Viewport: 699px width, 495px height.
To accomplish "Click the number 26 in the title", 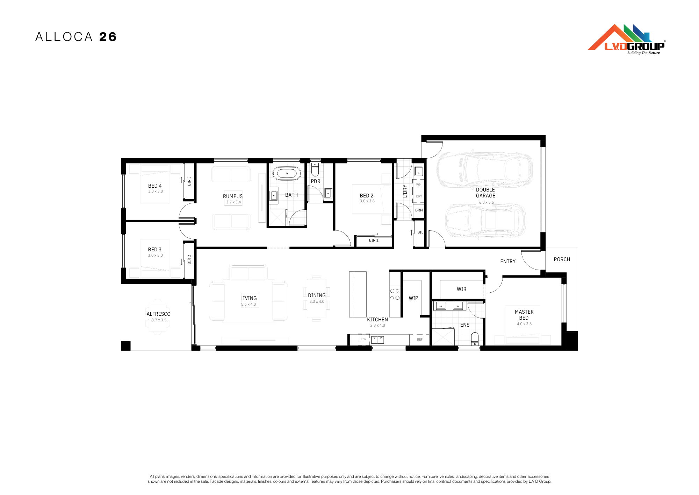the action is [108, 37].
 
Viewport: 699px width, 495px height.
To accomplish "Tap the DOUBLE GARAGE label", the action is [485, 193].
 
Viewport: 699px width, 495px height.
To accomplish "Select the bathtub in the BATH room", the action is [287, 173].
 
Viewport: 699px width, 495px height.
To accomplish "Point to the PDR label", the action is [316, 181].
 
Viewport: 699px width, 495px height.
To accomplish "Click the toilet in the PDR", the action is [315, 169].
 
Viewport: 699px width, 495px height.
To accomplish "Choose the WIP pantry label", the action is [413, 298].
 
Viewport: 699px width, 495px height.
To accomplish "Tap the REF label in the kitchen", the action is [420, 340].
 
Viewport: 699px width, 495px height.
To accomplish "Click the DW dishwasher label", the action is [364, 339].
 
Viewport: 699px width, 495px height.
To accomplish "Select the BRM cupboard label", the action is [419, 210].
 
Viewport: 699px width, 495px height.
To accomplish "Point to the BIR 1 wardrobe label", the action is [374, 240].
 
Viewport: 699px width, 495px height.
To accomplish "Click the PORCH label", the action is [562, 259].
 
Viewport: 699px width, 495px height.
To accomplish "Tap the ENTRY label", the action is [508, 262].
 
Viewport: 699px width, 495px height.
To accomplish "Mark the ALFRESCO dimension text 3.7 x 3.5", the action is [159, 320].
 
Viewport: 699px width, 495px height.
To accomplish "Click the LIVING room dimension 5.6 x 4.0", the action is [248, 304].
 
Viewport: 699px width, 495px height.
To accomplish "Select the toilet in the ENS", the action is [475, 339].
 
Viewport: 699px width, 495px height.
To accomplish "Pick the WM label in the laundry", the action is [419, 185].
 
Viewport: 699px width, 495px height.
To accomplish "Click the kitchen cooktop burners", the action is [395, 294].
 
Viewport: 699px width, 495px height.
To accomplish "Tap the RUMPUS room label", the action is [233, 196].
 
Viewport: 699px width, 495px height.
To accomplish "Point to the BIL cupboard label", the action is [420, 232].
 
